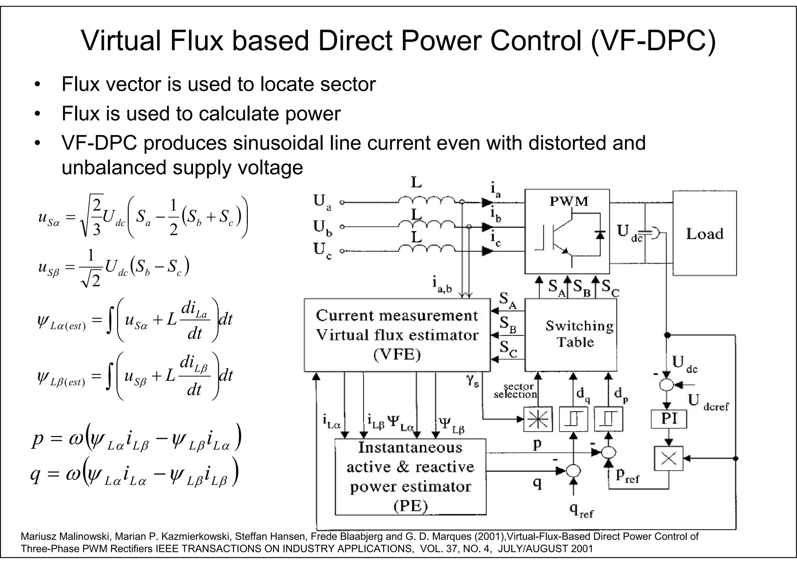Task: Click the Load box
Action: [x=705, y=233]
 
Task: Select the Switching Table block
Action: [x=571, y=335]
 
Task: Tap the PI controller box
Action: [x=669, y=419]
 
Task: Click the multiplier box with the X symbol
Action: [x=669, y=458]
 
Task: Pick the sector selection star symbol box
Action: [x=538, y=419]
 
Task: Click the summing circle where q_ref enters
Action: [x=573, y=471]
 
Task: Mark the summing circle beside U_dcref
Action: [x=667, y=385]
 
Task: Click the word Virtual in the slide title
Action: [x=121, y=41]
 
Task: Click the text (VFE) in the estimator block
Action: [x=397, y=355]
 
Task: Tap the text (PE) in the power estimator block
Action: [x=410, y=506]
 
